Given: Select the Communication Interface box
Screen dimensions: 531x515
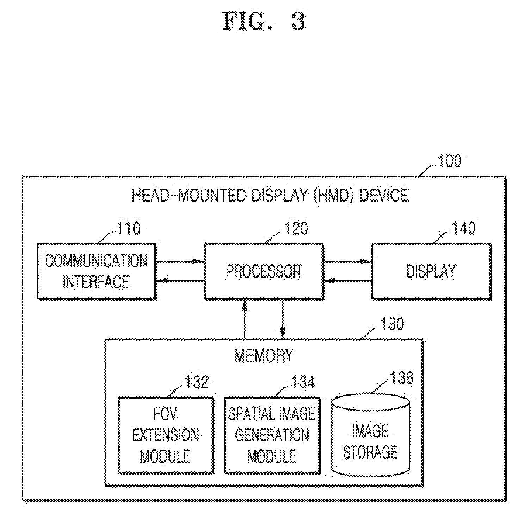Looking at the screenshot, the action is coord(97,271).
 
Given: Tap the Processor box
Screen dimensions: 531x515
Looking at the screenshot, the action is coord(264,271).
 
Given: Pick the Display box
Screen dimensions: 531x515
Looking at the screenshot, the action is coord(432,271).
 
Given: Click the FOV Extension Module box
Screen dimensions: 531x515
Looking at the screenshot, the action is coord(166,435).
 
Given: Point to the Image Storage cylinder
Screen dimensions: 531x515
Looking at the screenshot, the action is coord(371,435).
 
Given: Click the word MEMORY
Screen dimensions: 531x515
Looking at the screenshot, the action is coord(264,355).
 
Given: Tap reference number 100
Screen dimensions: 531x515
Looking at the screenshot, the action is coord(449,161).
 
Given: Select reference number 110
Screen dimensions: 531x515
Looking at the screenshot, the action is coord(129,228).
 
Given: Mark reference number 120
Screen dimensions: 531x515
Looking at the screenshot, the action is coord(296,228).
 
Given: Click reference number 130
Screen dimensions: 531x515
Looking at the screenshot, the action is coord(391,324).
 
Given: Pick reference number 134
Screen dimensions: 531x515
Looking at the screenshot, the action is coord(303,382).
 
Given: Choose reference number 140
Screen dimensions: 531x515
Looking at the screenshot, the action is coord(463,228).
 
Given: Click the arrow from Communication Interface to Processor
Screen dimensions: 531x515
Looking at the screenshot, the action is coord(180,261).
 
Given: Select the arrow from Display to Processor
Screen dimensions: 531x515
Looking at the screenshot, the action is coord(348,280).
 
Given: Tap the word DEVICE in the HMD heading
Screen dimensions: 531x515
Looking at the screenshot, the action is coord(384,195).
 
